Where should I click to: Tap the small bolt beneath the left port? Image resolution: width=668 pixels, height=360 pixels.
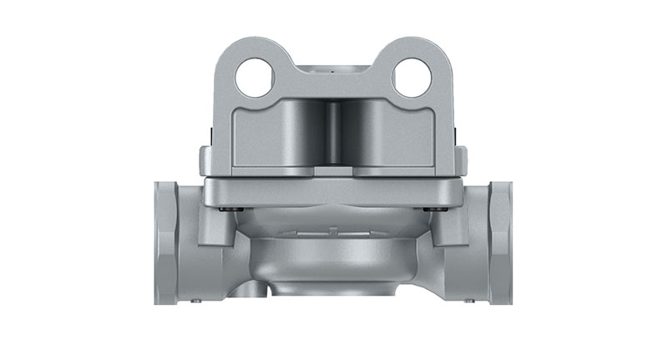[x=196, y=298]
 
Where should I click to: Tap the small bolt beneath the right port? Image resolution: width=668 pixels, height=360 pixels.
[x=473, y=298]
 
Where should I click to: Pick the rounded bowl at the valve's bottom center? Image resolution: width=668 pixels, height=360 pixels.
[x=334, y=259]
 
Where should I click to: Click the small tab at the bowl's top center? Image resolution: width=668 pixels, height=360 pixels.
[x=333, y=229]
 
